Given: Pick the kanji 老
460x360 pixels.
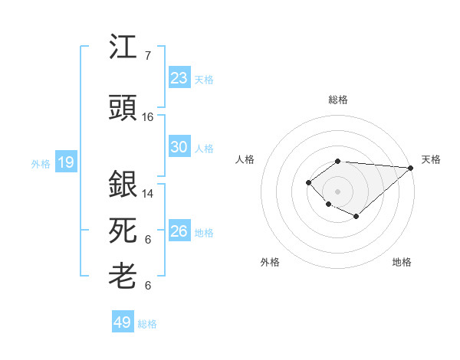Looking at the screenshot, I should click(123, 276).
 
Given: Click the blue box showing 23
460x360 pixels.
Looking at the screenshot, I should click(179, 78).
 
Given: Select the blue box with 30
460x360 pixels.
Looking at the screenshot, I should click(179, 148).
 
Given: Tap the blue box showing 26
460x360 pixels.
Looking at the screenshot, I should click(179, 231).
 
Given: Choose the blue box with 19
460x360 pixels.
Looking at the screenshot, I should click(66, 162).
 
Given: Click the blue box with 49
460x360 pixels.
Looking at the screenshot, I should click(123, 322).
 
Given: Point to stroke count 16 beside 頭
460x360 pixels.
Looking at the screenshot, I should click(148, 117).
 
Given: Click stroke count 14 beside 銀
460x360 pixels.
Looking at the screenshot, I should click(148, 194).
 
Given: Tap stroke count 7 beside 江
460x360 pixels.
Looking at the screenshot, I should click(147, 56).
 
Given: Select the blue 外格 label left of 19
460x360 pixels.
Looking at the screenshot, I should click(41, 163).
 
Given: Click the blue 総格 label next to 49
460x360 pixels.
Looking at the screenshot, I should click(148, 324).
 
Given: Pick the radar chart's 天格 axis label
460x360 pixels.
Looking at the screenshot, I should click(431, 159).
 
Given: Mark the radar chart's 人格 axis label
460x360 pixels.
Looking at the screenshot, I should click(245, 159).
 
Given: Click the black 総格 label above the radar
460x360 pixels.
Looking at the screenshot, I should click(338, 100).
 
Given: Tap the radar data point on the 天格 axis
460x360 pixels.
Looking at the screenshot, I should click(411, 168).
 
